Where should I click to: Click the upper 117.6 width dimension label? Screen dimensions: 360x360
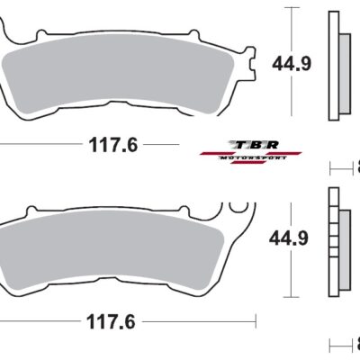(112, 144)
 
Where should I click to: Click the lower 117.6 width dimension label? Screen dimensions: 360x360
(112, 319)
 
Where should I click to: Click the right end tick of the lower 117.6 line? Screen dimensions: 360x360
(256, 319)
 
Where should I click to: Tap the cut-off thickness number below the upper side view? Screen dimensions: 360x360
(356, 167)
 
